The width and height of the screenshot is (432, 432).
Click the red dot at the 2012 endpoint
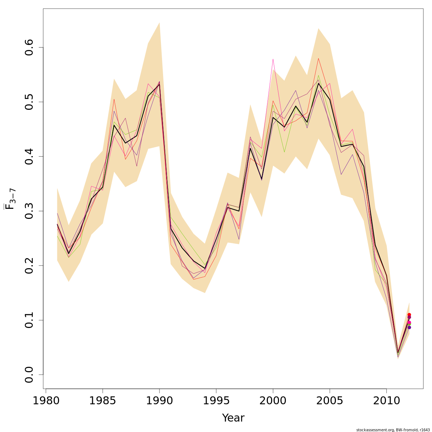409,315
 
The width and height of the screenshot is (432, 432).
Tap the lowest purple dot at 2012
409,327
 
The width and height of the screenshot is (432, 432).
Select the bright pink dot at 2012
409,323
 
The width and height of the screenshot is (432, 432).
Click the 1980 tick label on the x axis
46,401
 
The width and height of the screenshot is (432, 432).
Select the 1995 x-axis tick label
216,401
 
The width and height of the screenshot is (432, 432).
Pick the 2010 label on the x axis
386,401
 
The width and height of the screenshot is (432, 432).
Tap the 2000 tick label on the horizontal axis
273,401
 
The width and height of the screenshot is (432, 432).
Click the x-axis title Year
233,418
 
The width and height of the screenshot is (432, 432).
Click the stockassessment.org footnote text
393,430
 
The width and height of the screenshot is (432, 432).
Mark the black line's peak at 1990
159,84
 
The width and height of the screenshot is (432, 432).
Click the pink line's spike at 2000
273,59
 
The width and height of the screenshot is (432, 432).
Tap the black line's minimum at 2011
398,353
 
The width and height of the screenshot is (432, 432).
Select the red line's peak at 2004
318,58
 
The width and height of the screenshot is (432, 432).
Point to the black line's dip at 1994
205,269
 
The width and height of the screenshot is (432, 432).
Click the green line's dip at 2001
284,152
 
